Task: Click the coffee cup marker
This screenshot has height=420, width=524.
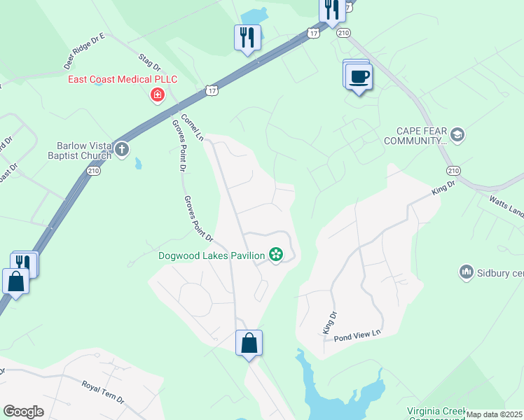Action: point(359,76)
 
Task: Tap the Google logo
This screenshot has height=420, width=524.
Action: point(23,412)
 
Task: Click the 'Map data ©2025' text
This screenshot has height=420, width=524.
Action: point(495,414)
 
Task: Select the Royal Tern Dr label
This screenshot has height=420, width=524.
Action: point(103,392)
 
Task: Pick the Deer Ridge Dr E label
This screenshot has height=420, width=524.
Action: point(83,51)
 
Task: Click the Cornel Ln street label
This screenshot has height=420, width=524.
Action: point(191,127)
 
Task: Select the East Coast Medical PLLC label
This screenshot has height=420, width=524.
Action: point(122,79)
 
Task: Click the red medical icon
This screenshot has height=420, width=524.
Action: point(158,95)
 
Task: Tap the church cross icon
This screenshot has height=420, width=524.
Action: point(122,148)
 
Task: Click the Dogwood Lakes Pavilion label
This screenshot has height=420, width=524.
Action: point(211,255)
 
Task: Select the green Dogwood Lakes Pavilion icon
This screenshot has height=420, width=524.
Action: point(276,255)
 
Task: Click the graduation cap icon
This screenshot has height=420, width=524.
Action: point(457,134)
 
